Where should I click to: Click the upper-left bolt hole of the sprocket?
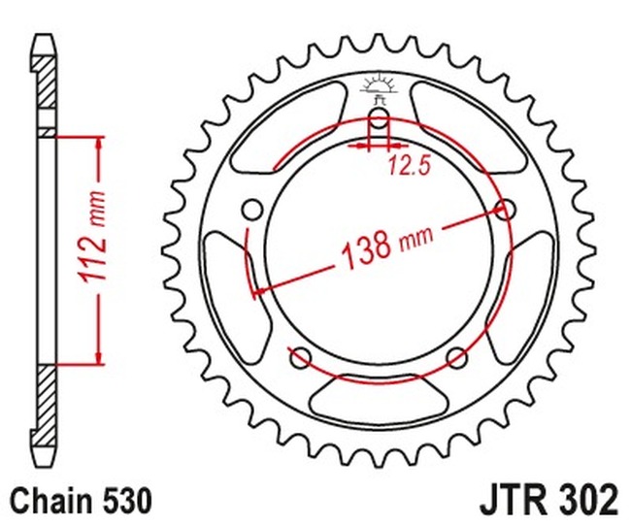[x=254, y=209]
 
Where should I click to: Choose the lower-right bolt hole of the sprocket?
[x=456, y=356]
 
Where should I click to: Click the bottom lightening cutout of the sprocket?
[x=378, y=398]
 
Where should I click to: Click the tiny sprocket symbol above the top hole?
[x=379, y=84]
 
